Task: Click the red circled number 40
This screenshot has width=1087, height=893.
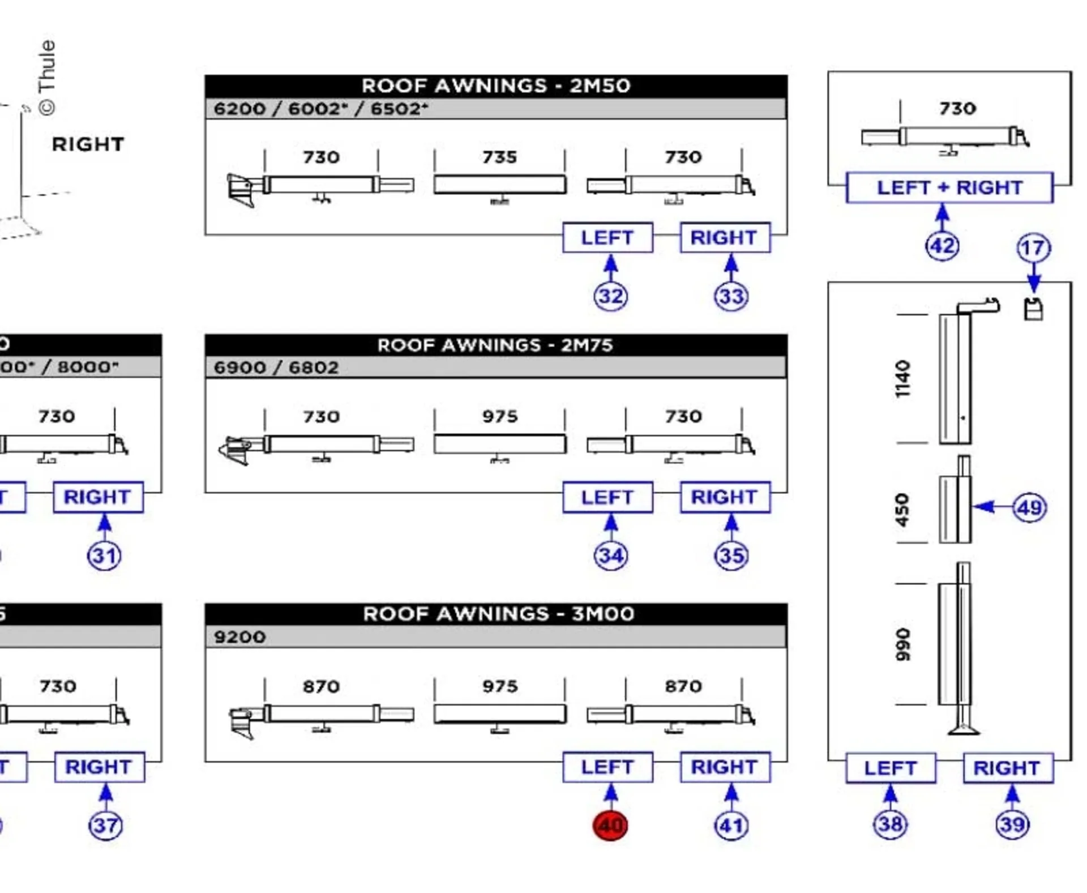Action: coord(610,825)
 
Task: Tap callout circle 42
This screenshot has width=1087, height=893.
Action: coord(942,246)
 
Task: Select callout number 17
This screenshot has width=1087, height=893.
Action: coord(1033,248)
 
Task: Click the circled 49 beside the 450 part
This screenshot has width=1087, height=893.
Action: coord(1029,507)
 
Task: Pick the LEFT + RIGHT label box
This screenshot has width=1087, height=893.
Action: coord(949,187)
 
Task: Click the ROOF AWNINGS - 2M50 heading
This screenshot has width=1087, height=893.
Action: coord(495,86)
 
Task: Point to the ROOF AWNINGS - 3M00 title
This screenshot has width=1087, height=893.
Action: coord(498,614)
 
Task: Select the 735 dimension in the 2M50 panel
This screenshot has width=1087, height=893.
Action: coord(499,157)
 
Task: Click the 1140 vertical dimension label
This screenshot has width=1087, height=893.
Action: coord(903,379)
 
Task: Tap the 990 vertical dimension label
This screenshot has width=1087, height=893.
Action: coord(903,644)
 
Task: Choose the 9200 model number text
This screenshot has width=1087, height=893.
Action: coord(239,637)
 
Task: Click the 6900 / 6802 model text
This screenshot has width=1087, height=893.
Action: coord(276,368)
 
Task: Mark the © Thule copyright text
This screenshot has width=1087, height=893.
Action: coord(47,78)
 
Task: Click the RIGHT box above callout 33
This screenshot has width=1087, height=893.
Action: coord(724,238)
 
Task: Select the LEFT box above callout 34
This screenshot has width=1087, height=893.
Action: coord(607,497)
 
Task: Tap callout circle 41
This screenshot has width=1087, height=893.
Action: coord(731,826)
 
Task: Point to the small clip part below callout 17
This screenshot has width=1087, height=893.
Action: coord(1033,309)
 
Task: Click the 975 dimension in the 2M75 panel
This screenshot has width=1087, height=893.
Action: coord(499,416)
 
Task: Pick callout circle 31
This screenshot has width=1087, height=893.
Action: coord(104,556)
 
